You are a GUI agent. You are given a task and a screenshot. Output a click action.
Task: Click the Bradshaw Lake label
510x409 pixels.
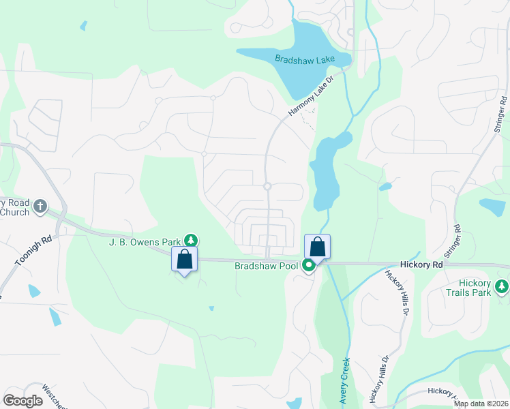click(x=305, y=59)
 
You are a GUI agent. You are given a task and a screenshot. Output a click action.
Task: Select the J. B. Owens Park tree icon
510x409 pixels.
click(x=192, y=240)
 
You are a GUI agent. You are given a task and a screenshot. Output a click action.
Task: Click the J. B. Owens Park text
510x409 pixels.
click(x=145, y=241)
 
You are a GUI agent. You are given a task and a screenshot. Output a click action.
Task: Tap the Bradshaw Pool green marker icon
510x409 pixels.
click(x=309, y=265)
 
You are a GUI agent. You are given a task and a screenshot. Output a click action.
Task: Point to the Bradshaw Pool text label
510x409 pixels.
click(x=266, y=266)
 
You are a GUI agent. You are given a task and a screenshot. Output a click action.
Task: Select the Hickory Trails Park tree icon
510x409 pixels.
click(x=502, y=286)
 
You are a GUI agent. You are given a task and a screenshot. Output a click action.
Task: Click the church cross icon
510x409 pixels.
click(x=40, y=205)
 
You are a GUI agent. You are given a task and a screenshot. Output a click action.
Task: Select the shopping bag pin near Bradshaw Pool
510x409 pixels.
click(x=317, y=246)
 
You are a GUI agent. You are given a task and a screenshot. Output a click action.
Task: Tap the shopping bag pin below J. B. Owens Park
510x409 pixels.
click(x=184, y=259)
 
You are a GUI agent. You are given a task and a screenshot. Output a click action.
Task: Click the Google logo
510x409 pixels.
click(x=23, y=400)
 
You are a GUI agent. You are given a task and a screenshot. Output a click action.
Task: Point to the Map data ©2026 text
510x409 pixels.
click(x=481, y=404)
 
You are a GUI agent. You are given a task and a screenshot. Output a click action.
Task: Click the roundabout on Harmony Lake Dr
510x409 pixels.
click(x=267, y=186)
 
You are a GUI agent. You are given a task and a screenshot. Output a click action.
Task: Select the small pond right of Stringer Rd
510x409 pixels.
click(x=492, y=206)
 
